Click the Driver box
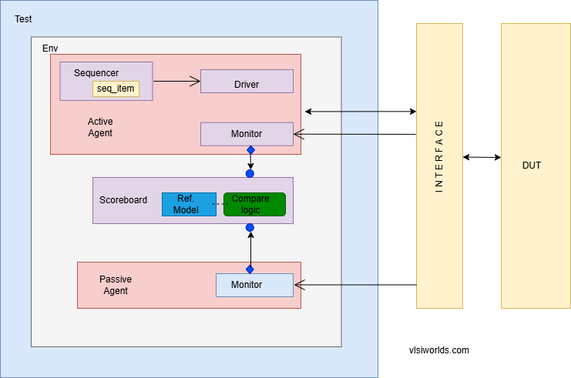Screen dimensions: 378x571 coord(247,82)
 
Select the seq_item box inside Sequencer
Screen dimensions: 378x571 coord(116,89)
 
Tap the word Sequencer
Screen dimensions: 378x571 coord(96,72)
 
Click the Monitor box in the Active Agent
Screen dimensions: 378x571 coord(247,134)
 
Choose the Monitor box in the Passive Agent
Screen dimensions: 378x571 coord(254,285)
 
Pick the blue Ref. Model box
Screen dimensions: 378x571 coord(188,204)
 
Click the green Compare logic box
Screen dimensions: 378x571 coord(254,204)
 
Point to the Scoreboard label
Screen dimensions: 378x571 coord(123,200)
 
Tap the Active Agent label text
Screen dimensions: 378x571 coord(100,127)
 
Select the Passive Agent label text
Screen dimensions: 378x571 coord(116,285)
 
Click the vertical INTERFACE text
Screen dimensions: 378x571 coord(439,156)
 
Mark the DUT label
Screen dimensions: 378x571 coord(532,165)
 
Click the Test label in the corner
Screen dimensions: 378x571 coord(24,18)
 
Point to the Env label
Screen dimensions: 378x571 coord(50,48)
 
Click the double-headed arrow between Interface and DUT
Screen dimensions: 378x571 coord(482,157)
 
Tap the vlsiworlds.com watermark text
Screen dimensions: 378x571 coord(438,350)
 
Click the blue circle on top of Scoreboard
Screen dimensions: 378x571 coord(250,173)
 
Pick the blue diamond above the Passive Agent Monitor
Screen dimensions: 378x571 coord(250,269)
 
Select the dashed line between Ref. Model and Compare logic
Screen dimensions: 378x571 coord(220,204)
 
